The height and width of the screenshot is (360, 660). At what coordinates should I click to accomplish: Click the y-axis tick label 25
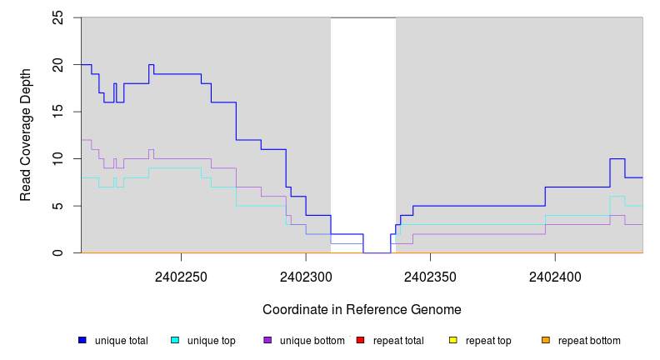point(58,17)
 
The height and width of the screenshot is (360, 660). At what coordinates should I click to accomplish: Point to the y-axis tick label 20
point(58,65)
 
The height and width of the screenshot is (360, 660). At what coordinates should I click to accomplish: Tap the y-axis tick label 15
point(58,112)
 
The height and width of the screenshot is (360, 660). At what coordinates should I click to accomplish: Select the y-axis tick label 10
point(58,158)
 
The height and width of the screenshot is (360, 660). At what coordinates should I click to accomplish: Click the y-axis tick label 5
point(58,206)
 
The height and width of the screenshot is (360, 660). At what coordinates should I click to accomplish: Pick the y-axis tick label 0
point(58,252)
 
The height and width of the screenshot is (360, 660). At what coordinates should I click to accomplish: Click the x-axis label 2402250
point(181,276)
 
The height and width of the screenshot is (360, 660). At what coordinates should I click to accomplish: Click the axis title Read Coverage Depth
point(26,135)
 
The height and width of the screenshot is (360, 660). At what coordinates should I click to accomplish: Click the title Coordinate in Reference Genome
point(362,309)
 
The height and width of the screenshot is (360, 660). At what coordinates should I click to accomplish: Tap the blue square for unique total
point(82,340)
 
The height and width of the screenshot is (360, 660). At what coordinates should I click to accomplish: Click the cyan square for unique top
point(175,340)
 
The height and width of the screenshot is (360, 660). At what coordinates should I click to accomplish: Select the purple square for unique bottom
point(267,340)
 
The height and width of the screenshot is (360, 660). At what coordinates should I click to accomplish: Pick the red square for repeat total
point(360,340)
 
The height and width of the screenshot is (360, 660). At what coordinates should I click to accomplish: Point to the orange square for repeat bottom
point(546,340)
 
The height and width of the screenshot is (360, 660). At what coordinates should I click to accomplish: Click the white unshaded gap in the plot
point(363,125)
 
